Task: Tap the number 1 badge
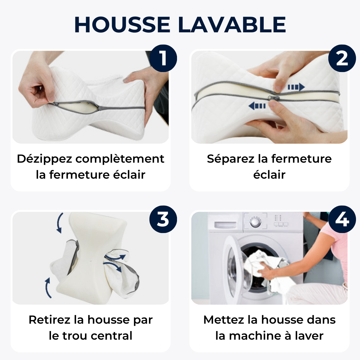[163, 58]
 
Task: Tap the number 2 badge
[342, 58]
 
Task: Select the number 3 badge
[163, 219]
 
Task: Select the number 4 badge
[342, 219]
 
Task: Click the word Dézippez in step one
[44, 159]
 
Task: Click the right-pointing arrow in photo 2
[296, 87]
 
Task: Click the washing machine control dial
[256, 222]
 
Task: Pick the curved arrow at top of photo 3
[60, 223]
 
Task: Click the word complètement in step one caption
[120, 159]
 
